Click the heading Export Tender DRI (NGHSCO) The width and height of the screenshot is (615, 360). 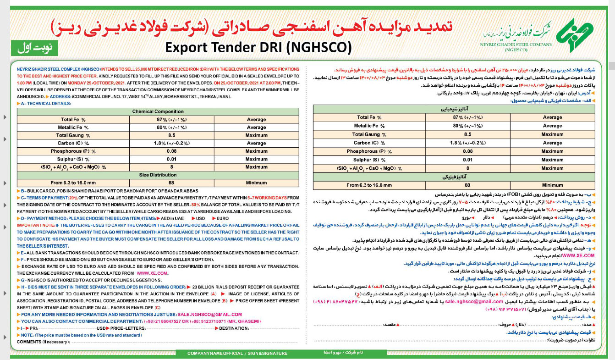[x=258, y=47]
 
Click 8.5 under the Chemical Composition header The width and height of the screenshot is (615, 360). [x=172, y=135]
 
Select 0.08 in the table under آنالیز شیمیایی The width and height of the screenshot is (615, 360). [x=467, y=151]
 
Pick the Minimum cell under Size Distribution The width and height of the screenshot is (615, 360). [x=256, y=183]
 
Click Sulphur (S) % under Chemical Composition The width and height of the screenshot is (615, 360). [x=72, y=159]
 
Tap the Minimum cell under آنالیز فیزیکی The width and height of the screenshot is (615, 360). [x=552, y=185]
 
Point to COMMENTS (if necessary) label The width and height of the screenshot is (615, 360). [x=44, y=342]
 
